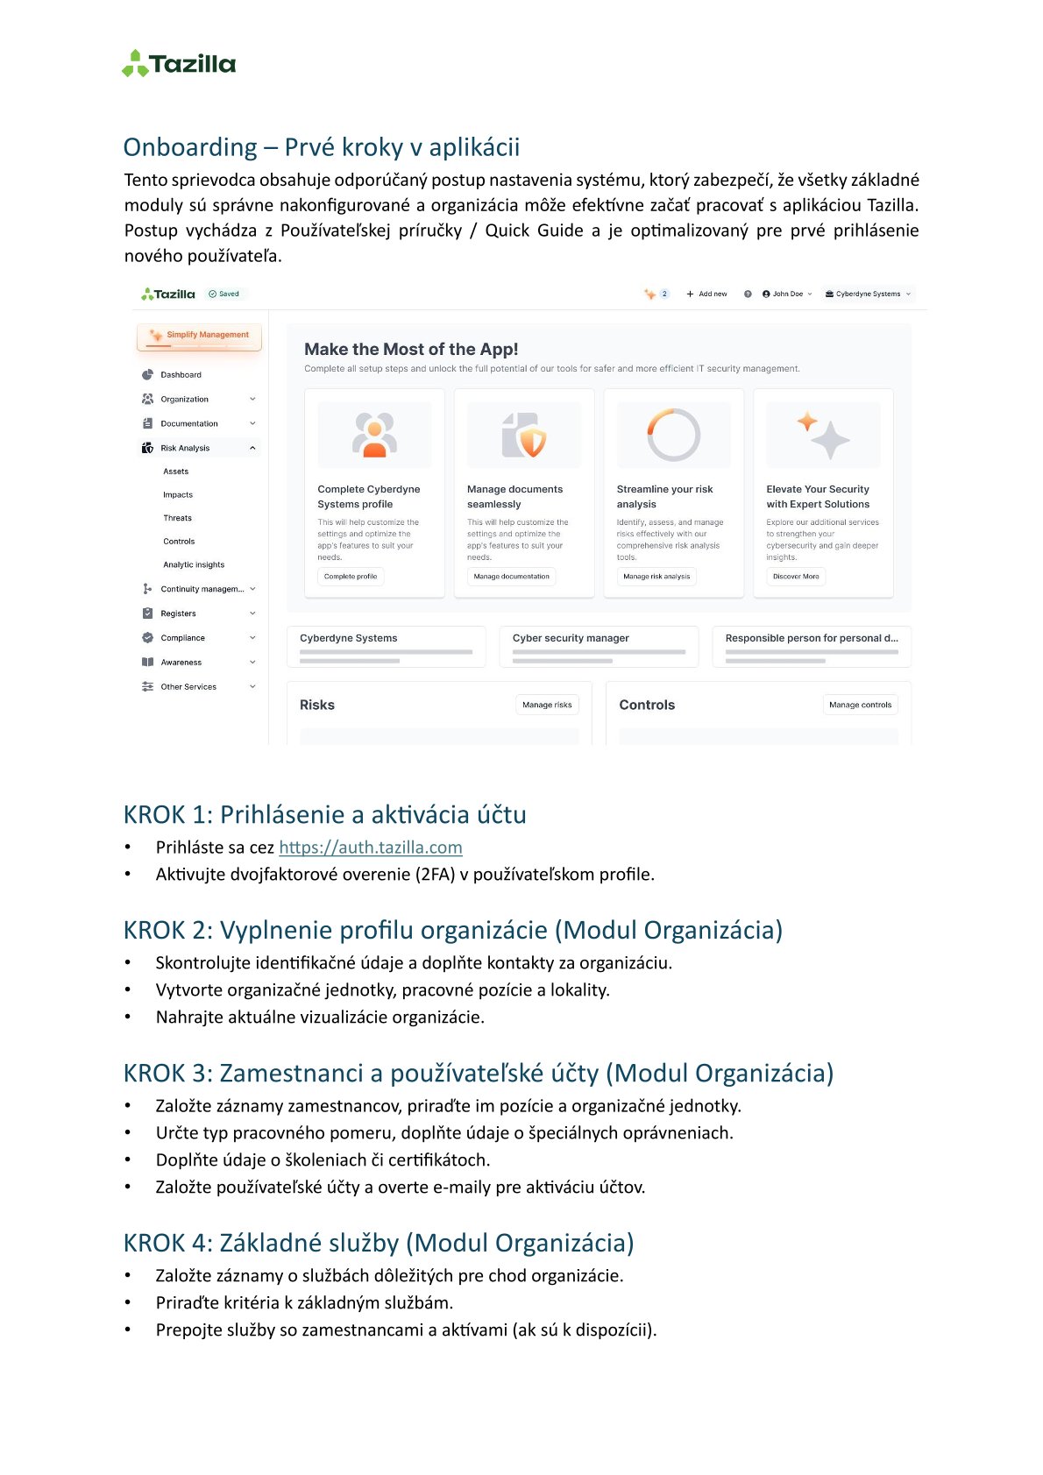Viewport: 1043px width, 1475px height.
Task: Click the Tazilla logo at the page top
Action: pos(179,64)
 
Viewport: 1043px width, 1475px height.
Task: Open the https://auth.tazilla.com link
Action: pos(370,847)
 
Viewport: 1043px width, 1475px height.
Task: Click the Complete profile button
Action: pos(351,577)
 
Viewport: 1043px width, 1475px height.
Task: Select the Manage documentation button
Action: pos(511,577)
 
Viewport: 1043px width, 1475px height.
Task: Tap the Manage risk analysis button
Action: pos(656,577)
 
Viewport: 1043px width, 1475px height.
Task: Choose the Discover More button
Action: pos(796,577)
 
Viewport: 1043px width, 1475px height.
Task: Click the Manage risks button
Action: pos(547,705)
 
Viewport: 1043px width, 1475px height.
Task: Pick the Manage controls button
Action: pos(860,705)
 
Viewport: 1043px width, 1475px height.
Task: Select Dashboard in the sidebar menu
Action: pos(181,375)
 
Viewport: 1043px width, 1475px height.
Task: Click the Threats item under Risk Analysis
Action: pos(177,518)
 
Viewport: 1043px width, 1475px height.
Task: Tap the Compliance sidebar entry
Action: pos(182,638)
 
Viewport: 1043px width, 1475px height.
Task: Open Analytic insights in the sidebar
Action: pos(194,565)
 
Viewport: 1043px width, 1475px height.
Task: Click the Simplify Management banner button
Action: pos(200,336)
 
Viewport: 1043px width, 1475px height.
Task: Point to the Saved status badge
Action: pos(224,294)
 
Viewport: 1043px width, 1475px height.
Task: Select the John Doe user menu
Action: pos(787,294)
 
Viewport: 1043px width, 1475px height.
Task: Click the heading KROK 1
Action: pos(324,814)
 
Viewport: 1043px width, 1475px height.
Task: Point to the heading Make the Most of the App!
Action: pos(411,349)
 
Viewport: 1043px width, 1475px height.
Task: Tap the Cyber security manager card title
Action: pos(571,638)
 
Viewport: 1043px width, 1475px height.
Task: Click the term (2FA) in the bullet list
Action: pos(436,875)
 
